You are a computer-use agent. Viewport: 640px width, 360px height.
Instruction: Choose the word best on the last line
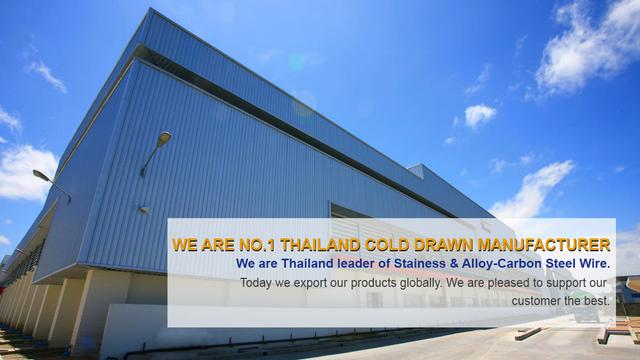[596, 300]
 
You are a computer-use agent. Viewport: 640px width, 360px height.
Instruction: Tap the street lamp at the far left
[40, 176]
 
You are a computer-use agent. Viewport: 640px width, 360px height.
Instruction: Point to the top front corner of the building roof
[153, 11]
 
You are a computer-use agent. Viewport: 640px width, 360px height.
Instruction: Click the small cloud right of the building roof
[479, 115]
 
